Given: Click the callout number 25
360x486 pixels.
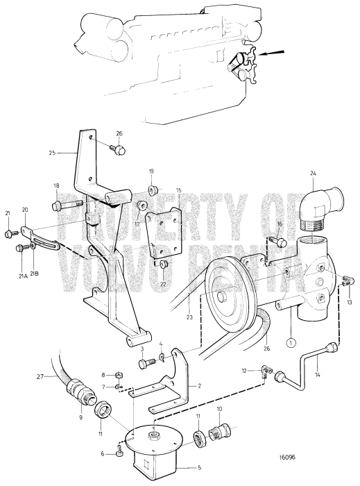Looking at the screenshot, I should [52, 151].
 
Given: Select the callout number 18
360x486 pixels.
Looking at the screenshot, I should [57, 185].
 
